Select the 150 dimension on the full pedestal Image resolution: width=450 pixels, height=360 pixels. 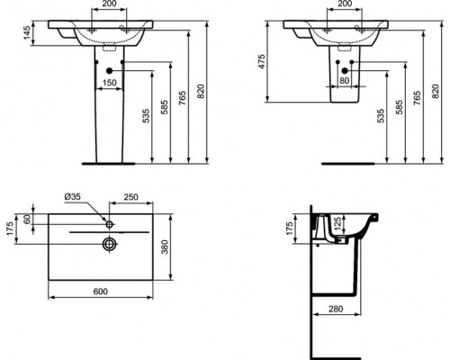(109, 82)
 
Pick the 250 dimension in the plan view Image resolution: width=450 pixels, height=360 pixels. (131, 197)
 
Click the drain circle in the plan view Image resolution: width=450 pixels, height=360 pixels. (109, 243)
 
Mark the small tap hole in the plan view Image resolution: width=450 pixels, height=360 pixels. (108, 220)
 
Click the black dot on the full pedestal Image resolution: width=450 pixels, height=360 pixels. (108, 70)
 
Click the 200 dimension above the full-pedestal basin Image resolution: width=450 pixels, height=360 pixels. (108, 4)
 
